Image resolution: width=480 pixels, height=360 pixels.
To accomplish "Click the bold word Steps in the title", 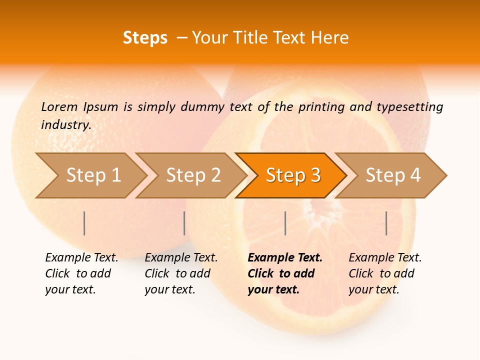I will coord(145,38).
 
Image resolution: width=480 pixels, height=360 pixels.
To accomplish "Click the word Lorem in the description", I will coord(59,106).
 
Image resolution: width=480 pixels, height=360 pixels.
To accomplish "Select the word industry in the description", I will coord(65,124).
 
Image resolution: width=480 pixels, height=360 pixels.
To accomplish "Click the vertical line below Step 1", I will coord(84,223).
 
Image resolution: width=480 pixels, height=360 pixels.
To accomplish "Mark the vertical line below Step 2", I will coord(184,223).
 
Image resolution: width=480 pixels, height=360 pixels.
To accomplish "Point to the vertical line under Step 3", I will coord(285,223).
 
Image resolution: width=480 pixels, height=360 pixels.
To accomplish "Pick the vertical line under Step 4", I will coord(386,223).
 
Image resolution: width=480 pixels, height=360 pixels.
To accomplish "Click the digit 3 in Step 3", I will coord(315,175).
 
